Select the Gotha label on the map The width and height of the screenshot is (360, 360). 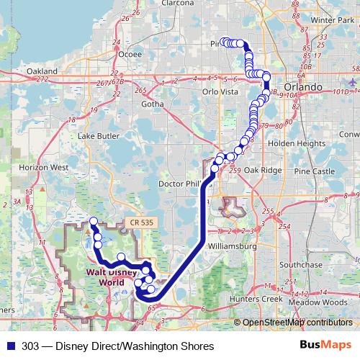[x=153, y=104]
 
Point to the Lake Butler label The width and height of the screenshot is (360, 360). [x=97, y=135]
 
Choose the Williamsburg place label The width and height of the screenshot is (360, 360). [x=231, y=246]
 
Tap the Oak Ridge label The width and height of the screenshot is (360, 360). [x=259, y=170]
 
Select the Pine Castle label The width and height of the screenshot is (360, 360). [x=315, y=171]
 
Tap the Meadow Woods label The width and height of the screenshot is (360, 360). [x=318, y=302]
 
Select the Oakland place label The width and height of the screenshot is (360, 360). [x=41, y=72]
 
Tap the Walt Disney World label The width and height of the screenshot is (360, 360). [x=112, y=276]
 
